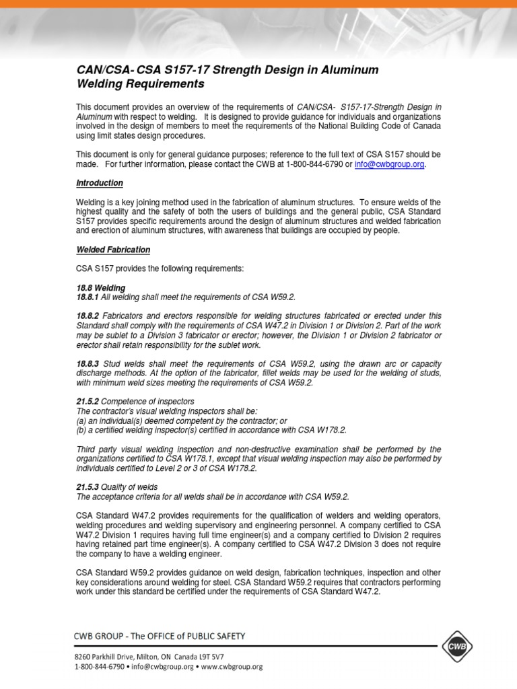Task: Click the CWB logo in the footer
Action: pos(458,647)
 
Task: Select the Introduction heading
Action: pos(99,183)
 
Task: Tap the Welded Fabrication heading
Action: pos(112,250)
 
